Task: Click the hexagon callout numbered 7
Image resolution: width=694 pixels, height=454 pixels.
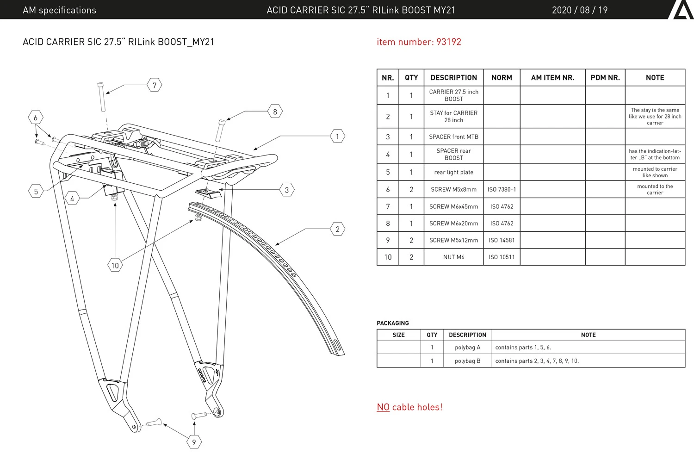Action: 155,85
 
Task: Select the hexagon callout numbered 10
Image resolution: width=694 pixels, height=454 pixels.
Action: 115,265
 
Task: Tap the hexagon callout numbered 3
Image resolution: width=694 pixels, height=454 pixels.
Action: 287,190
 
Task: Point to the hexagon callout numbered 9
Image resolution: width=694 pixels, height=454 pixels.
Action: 194,442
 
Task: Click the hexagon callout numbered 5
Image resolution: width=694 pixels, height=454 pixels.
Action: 36,191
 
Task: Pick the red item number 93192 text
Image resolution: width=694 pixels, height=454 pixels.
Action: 419,42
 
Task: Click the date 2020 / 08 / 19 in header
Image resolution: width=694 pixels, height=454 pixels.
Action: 579,10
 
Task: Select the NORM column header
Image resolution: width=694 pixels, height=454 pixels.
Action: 502,78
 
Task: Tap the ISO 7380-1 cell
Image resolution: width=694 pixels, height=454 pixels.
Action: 502,189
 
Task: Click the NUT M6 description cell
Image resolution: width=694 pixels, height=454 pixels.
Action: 453,257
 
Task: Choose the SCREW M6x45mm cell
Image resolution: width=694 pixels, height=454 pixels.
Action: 453,206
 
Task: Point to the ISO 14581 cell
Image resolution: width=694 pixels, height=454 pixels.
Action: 502,240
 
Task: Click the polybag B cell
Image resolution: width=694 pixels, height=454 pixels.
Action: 467,361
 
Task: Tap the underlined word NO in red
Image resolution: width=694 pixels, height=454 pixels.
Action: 383,407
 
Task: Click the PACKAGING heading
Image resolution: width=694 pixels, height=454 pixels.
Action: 393,323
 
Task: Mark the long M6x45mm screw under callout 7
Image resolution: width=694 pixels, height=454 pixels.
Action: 102,97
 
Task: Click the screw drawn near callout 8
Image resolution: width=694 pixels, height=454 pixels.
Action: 220,131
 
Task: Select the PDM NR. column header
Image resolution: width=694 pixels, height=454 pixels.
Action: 605,78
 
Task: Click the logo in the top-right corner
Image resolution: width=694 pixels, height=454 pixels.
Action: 681,10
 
